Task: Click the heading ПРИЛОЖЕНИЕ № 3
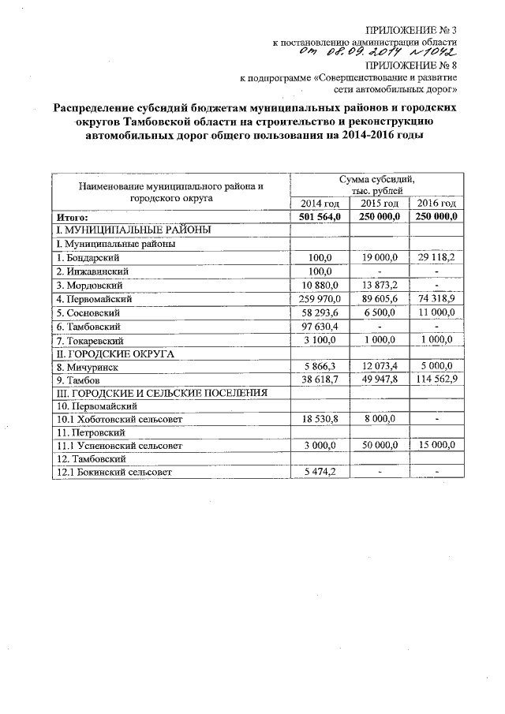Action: pyautogui.click(x=417, y=29)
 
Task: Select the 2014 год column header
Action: pyautogui.click(x=320, y=204)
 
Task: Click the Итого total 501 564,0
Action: pyautogui.click(x=320, y=217)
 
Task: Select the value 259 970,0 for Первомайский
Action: pyautogui.click(x=319, y=299)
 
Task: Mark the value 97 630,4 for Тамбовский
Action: pyautogui.click(x=319, y=326)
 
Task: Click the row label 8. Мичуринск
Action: pyautogui.click(x=88, y=366)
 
